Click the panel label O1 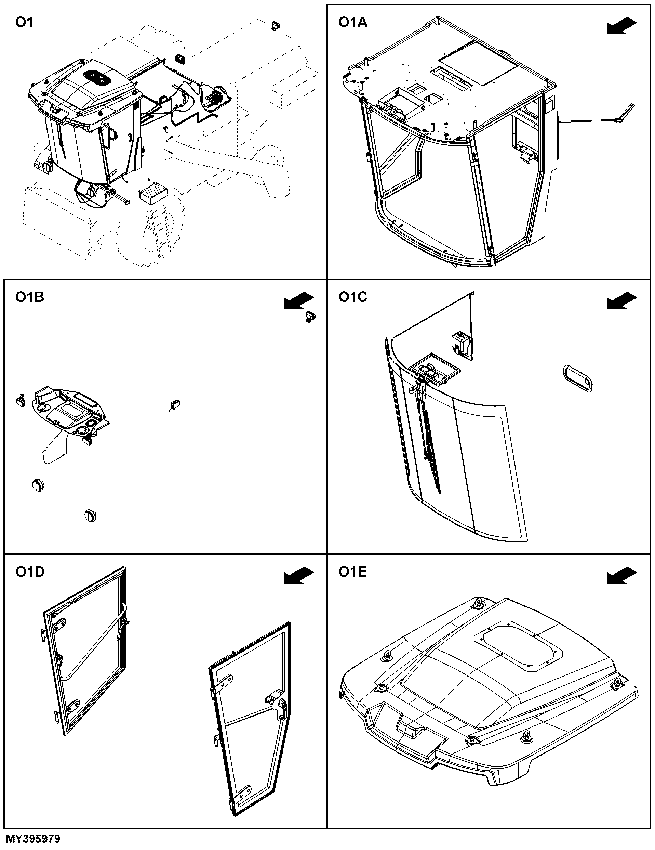24,23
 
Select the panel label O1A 352,23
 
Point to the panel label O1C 352,297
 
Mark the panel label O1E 352,572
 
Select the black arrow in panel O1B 299,301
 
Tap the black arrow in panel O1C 622,301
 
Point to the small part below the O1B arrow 310,317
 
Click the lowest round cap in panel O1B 90,515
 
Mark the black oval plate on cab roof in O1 96,76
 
